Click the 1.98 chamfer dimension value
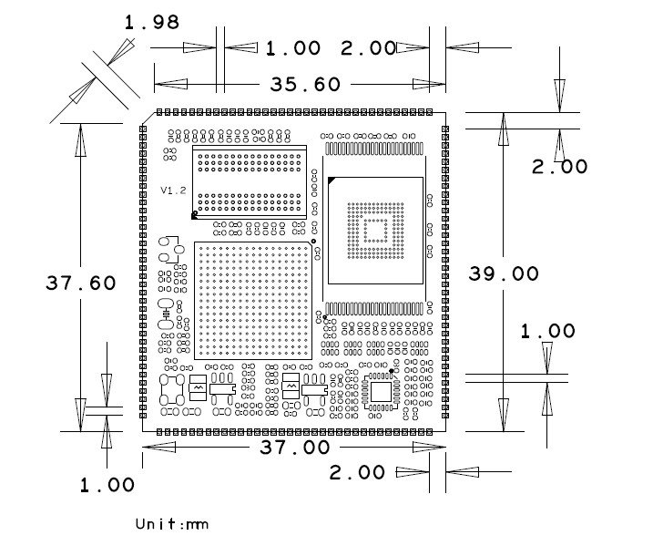tap(152, 22)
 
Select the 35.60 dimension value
tap(305, 84)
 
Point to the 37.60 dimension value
tap(81, 283)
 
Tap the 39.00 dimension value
tap(504, 273)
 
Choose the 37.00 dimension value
tap(295, 448)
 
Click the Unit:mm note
tap(172, 524)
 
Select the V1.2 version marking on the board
tap(173, 191)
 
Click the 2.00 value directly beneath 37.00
tap(357, 473)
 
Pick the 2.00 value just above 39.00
tap(560, 167)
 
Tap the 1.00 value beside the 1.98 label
tap(293, 48)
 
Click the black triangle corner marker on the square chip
tap(332, 180)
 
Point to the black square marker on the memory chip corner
tap(194, 216)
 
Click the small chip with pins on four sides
tap(381, 392)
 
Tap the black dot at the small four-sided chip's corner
tap(392, 370)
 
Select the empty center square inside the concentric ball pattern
tap(375, 231)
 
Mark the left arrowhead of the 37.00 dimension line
tap(159, 448)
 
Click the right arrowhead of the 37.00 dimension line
tap(429, 448)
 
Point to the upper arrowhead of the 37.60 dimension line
tap(81, 140)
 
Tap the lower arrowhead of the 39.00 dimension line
tap(504, 415)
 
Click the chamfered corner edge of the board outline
tap(148, 118)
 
